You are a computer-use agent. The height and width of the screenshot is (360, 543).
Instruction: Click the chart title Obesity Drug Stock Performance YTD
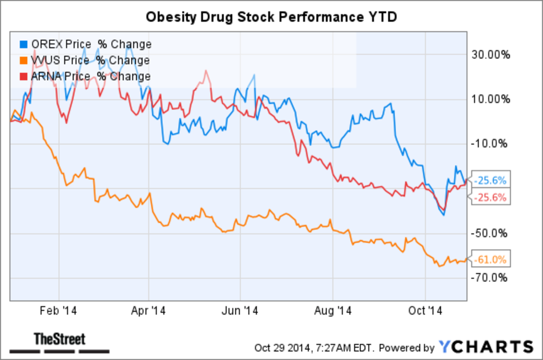click(x=271, y=17)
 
